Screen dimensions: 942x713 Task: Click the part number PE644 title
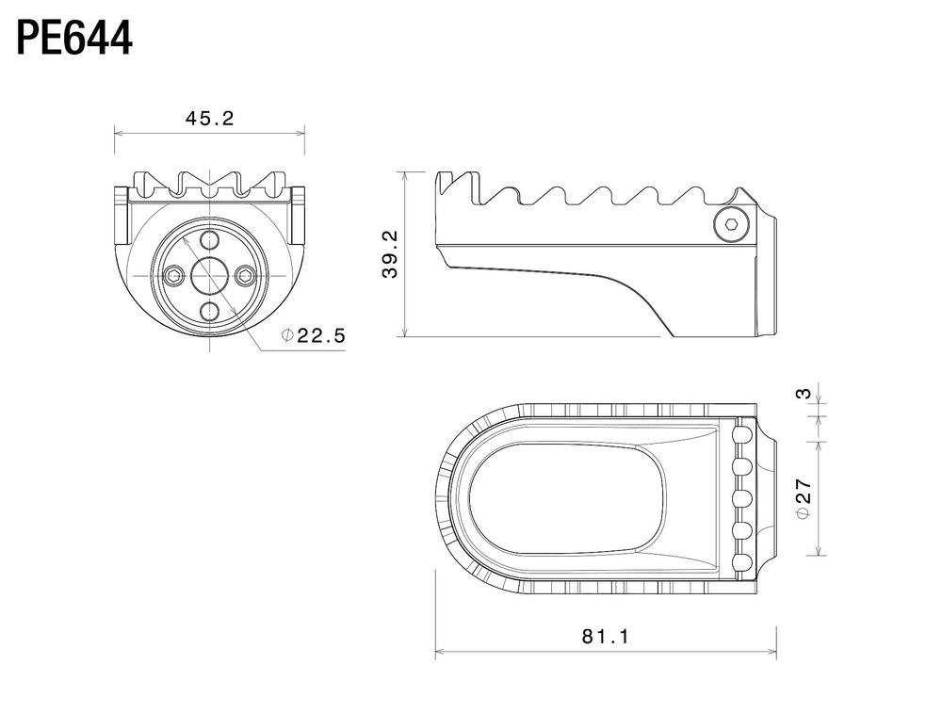(x=73, y=39)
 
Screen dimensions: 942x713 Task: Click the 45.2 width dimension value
(x=210, y=119)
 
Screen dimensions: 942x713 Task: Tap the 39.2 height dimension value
(x=390, y=254)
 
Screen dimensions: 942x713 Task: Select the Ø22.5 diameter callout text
(x=314, y=335)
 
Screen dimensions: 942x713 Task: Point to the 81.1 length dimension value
(x=606, y=636)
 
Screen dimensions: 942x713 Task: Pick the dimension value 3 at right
(x=804, y=394)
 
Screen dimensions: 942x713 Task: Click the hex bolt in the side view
(x=732, y=225)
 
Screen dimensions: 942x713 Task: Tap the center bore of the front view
(x=209, y=276)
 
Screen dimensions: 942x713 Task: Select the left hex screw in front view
(x=173, y=276)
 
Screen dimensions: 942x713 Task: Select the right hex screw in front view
(x=245, y=276)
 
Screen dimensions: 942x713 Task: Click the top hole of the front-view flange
(x=209, y=240)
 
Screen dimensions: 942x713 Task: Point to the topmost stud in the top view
(x=743, y=433)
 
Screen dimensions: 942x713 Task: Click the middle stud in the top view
(x=743, y=498)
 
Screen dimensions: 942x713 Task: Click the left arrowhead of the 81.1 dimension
(x=440, y=651)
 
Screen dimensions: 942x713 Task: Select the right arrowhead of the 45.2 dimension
(x=300, y=134)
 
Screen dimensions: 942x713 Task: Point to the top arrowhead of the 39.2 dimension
(x=405, y=176)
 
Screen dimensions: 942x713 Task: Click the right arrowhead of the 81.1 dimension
(x=771, y=651)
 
